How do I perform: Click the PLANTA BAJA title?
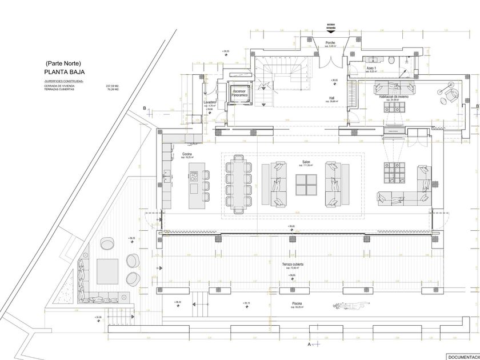(x=64, y=73)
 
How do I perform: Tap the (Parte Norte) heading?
(x=64, y=63)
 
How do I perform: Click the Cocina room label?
(x=187, y=154)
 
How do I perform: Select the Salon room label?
(x=306, y=162)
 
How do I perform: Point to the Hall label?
(x=331, y=98)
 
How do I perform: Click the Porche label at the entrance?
(x=330, y=43)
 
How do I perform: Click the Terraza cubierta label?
(x=292, y=265)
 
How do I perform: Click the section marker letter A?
(x=309, y=345)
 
